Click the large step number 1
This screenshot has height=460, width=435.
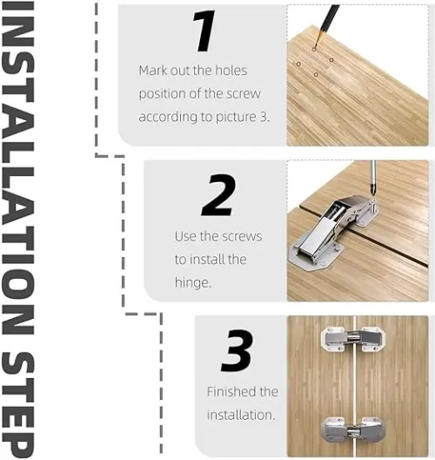(204, 30)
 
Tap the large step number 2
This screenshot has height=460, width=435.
(219, 195)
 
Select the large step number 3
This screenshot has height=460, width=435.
(237, 350)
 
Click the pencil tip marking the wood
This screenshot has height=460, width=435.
(314, 48)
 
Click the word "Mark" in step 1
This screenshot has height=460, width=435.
(153, 71)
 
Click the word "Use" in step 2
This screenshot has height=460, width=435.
(185, 236)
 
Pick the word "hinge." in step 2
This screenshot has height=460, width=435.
(193, 283)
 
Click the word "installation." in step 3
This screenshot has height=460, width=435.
(241, 415)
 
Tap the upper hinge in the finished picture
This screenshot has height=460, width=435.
(353, 339)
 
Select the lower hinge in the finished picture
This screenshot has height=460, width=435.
(353, 430)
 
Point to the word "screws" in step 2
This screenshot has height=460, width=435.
(242, 237)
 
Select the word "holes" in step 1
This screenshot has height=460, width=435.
(231, 71)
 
